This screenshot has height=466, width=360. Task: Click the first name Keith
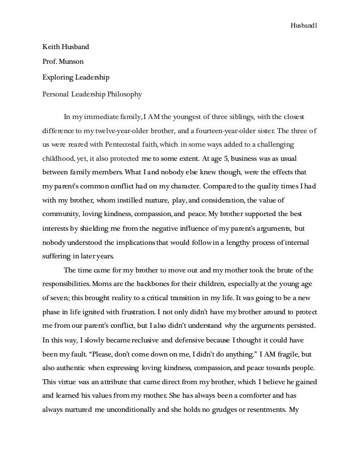[51, 45]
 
